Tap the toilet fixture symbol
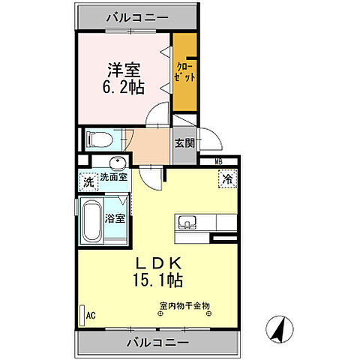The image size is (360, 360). pos(99,139)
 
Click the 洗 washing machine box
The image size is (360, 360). pos(88,181)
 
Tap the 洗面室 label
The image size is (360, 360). pos(113,178)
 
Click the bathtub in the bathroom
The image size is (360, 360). pos(92,221)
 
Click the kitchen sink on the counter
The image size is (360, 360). pos(187,222)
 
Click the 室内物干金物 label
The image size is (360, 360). pos(184,304)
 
